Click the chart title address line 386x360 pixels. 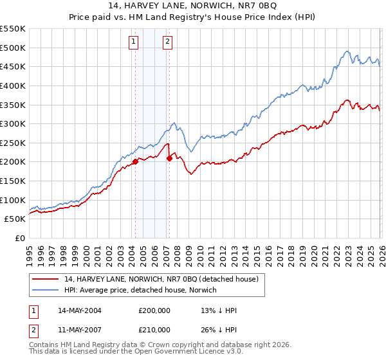193,6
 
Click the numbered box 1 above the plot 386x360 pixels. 133,42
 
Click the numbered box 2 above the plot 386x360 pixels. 167,42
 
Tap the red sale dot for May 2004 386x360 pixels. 136,162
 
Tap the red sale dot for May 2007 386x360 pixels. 169,158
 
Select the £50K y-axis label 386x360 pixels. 15,219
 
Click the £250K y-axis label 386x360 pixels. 13,143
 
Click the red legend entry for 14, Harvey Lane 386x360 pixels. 161,278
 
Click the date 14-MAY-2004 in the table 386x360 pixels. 79,310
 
